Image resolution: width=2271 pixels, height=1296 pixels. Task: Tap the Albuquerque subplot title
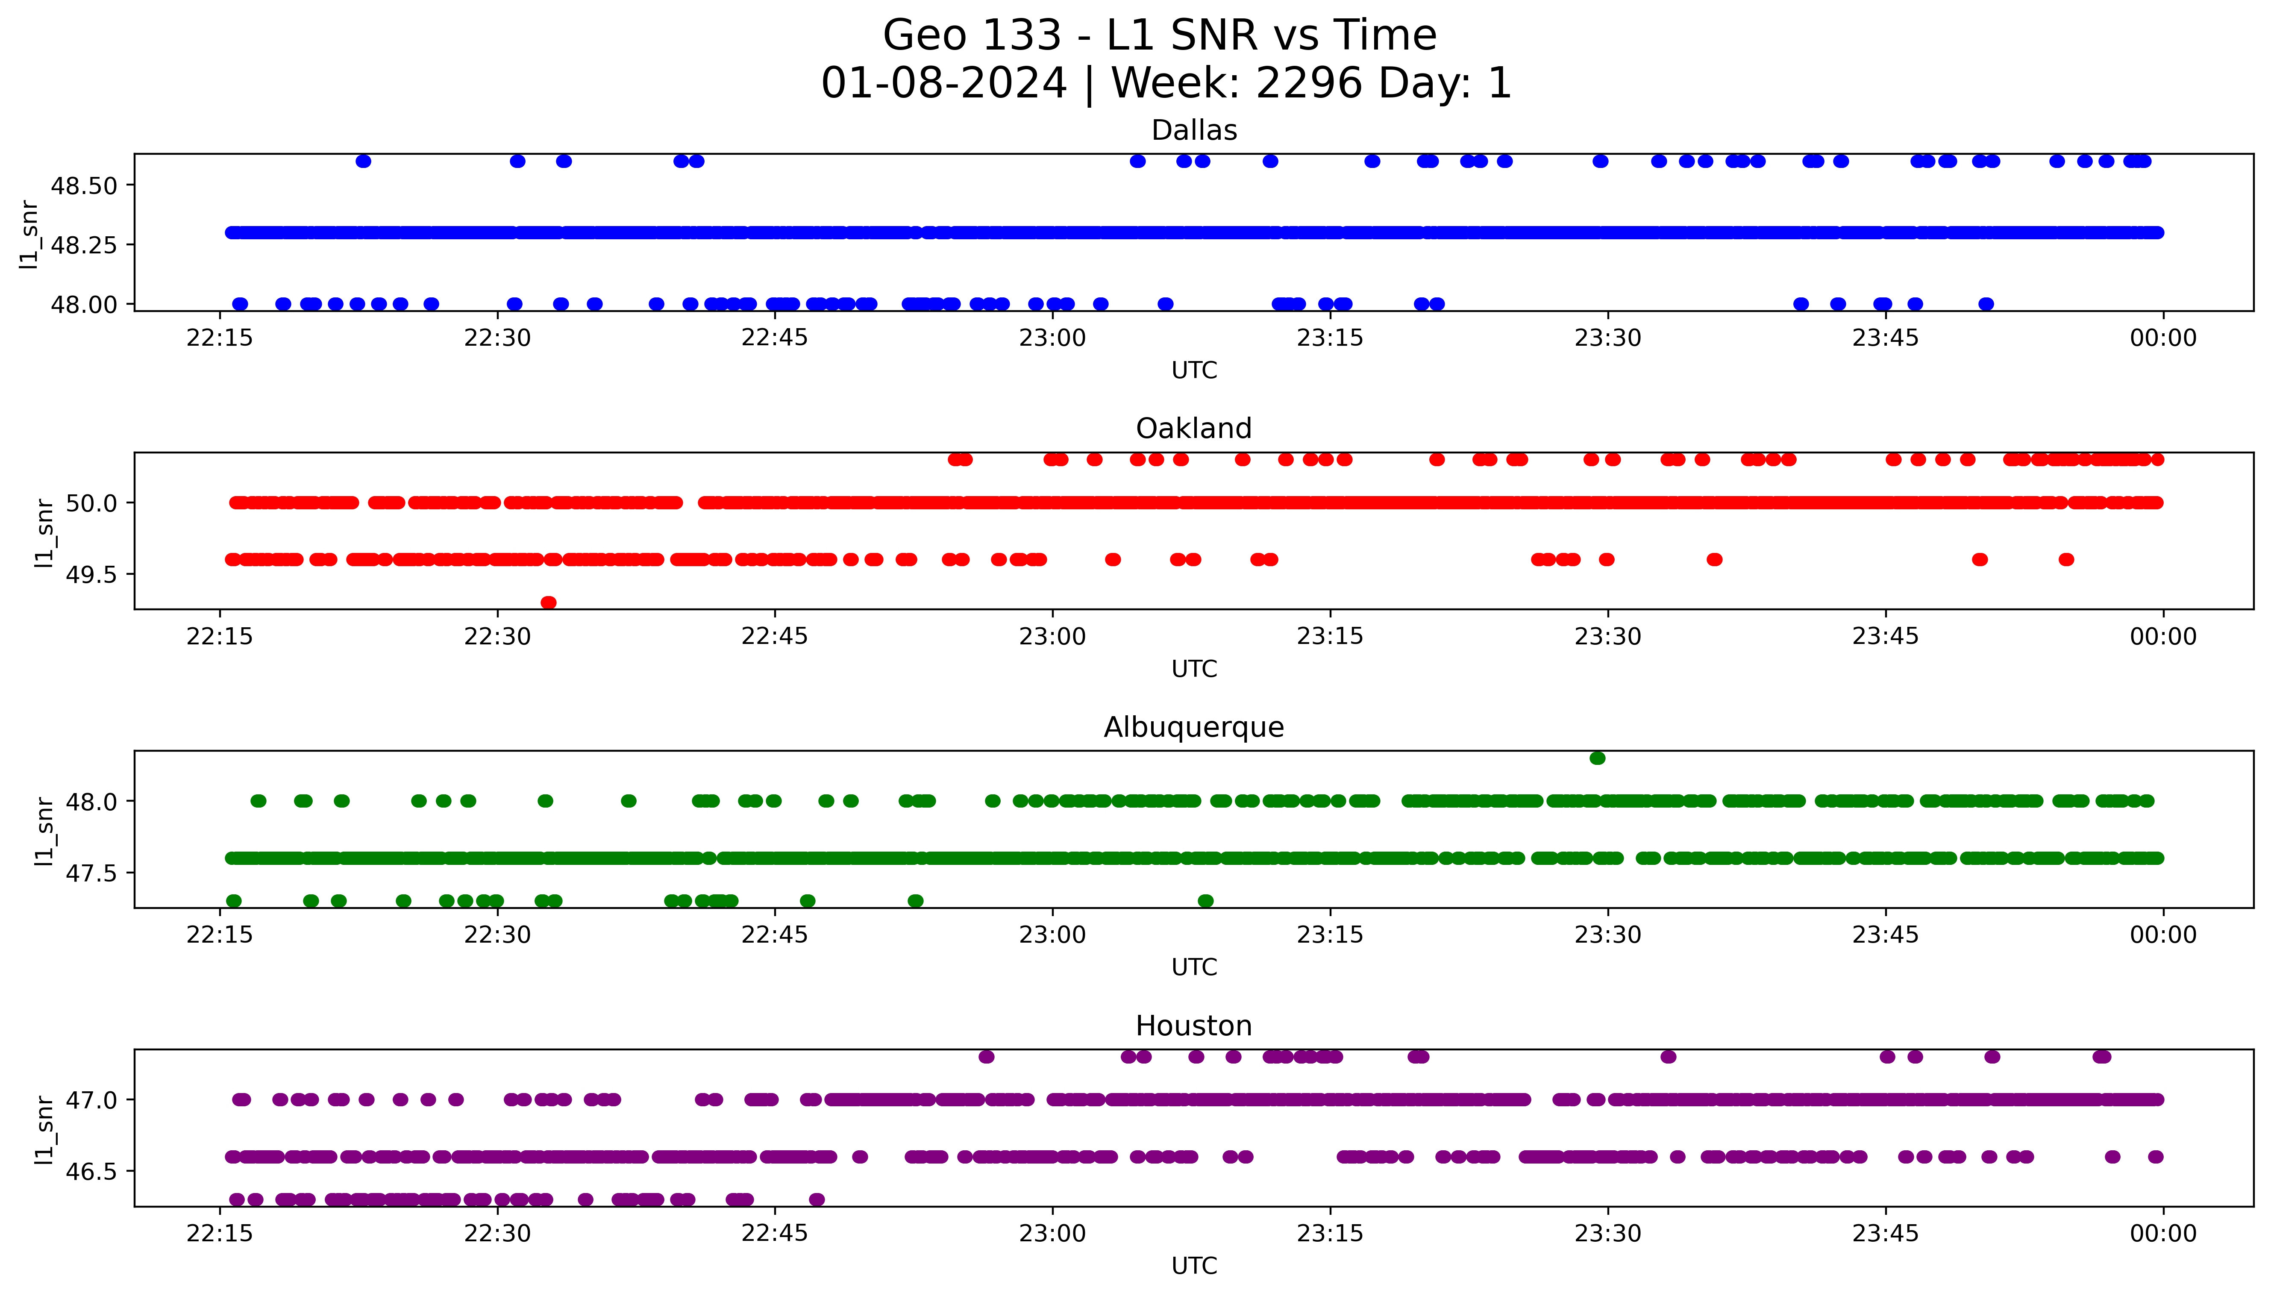click(x=1193, y=727)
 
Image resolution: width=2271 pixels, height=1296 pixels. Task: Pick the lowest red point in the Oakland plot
click(x=548, y=602)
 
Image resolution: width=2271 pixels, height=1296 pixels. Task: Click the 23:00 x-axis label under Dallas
click(x=1053, y=338)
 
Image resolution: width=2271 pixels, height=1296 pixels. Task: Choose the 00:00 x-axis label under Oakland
click(x=2162, y=636)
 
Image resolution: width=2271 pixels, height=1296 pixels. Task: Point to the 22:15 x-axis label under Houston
click(x=220, y=1234)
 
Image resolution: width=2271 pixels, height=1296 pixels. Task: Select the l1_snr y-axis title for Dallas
click(x=29, y=234)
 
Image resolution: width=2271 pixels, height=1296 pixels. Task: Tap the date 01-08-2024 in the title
click(x=943, y=84)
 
